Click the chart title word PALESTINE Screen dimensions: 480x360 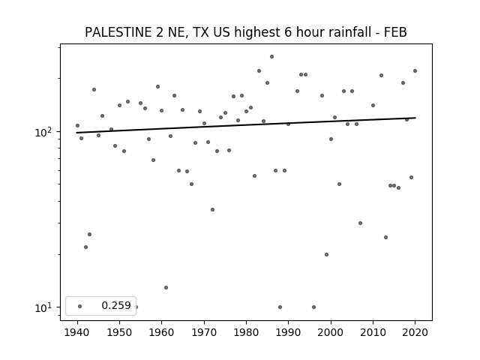118,32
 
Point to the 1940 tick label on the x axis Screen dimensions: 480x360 77,332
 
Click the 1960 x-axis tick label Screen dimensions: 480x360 162,332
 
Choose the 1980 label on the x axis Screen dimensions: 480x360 246,332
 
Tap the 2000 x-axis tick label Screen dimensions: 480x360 331,332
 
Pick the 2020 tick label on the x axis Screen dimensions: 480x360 415,332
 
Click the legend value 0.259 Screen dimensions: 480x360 116,305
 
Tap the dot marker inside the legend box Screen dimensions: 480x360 80,307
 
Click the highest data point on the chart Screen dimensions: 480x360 271,57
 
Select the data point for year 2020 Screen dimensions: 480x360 415,71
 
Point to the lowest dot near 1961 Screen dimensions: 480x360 166,288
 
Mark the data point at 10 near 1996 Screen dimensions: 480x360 313,307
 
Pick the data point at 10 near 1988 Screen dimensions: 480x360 280,307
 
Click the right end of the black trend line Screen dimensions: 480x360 415,118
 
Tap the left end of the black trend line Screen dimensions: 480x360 76,133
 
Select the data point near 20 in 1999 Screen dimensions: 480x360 327,255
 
